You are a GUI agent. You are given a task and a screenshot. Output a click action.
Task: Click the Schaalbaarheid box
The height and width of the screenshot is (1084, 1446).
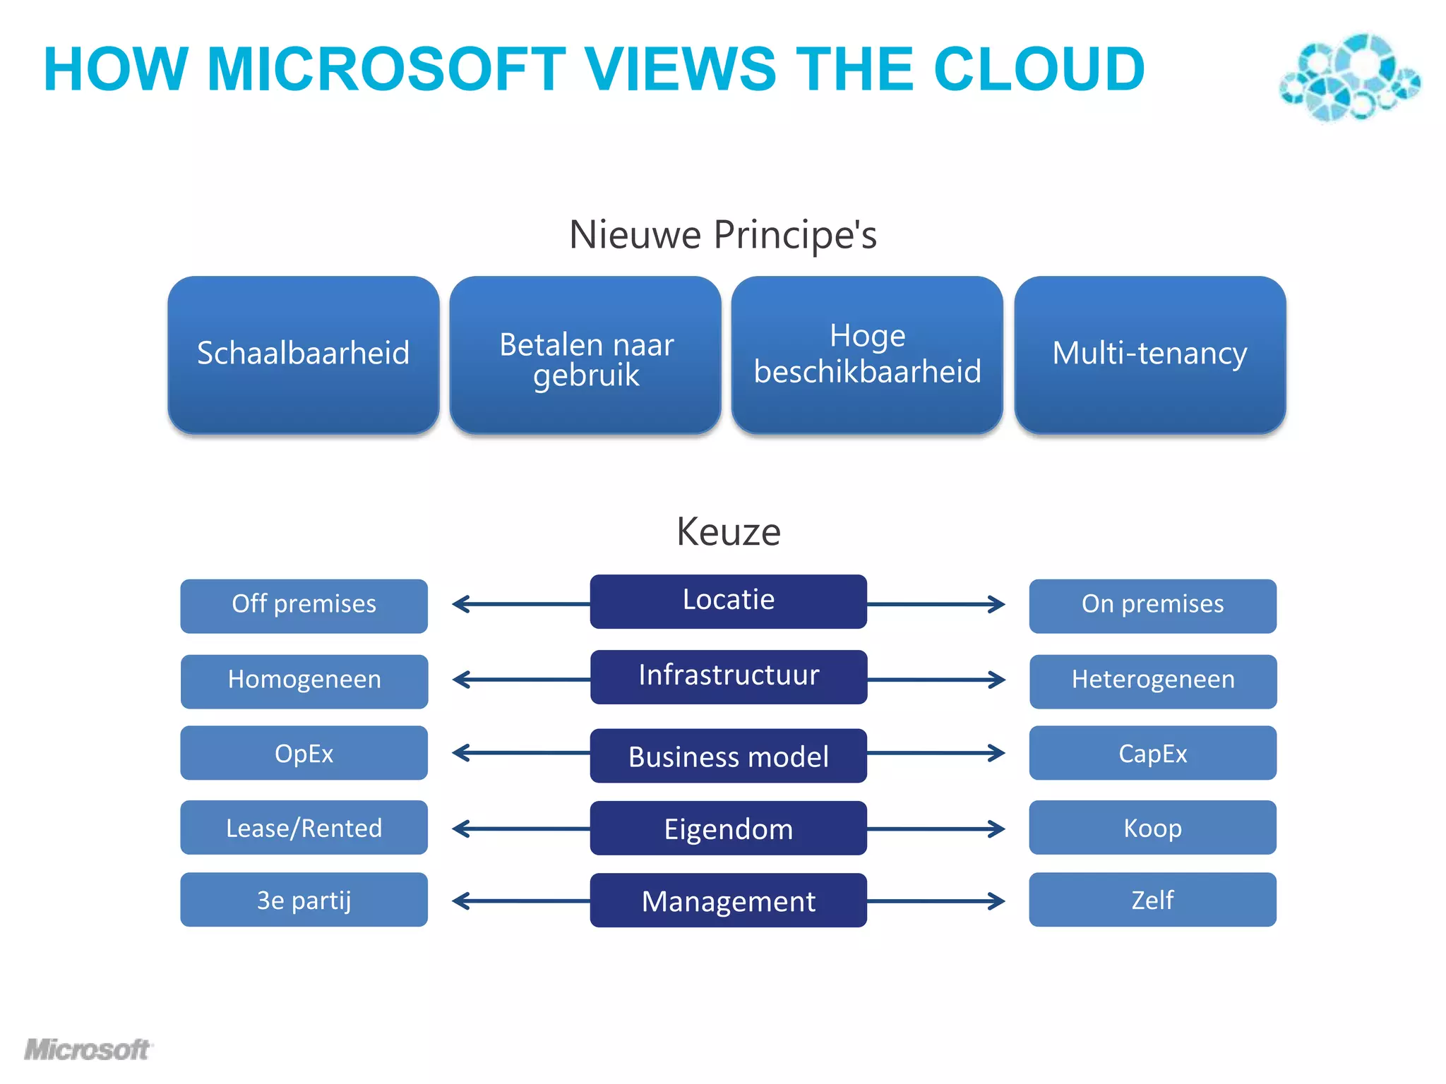[303, 354]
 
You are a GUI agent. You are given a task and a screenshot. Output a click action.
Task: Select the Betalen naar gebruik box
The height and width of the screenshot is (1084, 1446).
[585, 354]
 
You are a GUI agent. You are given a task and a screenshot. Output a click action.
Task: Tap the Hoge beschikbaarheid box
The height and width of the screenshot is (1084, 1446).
[867, 354]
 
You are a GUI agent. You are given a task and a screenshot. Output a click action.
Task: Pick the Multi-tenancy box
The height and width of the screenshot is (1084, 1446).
[1149, 354]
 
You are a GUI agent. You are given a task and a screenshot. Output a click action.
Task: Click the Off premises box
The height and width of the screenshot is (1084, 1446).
[304, 606]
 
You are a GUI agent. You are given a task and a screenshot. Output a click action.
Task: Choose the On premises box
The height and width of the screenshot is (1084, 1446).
[1152, 606]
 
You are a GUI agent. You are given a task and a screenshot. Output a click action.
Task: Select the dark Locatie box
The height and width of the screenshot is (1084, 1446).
[728, 601]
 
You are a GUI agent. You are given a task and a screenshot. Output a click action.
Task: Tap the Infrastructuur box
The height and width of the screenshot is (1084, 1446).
[729, 677]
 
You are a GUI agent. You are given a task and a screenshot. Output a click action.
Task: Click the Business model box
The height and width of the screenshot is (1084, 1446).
[728, 756]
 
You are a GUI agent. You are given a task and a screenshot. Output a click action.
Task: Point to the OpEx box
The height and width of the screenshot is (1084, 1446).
[304, 753]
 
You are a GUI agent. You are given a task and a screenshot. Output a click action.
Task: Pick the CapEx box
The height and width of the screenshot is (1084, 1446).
[1152, 753]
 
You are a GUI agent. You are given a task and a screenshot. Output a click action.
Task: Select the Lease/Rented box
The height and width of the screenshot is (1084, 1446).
[304, 827]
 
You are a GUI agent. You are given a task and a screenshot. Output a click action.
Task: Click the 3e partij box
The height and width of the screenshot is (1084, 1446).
[304, 900]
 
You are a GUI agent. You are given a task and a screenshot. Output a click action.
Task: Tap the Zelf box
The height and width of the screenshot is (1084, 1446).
[1152, 900]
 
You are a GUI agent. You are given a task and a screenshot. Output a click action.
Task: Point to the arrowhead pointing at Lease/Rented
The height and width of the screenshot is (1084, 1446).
[460, 828]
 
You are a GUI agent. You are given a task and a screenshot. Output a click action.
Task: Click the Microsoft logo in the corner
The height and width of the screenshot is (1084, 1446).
[88, 1050]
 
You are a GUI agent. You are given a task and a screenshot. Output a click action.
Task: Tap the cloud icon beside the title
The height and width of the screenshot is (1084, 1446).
[1349, 76]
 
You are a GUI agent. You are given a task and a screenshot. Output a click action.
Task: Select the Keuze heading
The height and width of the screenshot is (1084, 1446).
[728, 531]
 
